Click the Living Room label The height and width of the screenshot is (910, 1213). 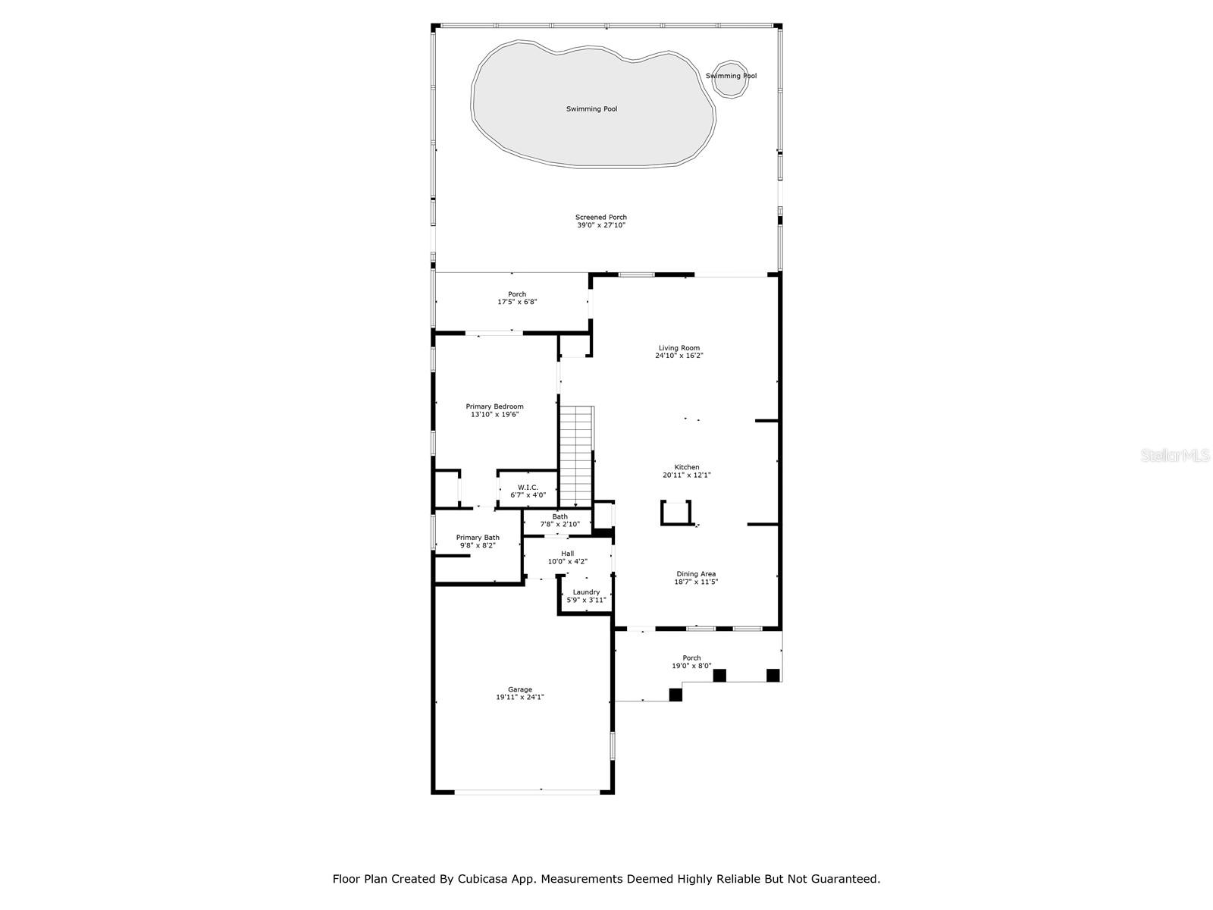click(x=679, y=348)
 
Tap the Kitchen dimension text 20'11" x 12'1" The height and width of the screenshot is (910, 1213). click(x=687, y=475)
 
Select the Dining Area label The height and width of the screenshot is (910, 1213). click(x=696, y=574)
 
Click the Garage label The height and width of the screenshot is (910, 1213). click(x=520, y=689)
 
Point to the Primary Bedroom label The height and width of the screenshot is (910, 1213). click(x=494, y=406)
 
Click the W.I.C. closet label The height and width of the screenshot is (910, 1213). click(x=528, y=487)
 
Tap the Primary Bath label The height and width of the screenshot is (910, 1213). click(x=478, y=537)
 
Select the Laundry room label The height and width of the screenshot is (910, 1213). click(x=586, y=592)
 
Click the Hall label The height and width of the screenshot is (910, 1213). click(x=567, y=554)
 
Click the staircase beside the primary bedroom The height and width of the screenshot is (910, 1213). click(x=576, y=455)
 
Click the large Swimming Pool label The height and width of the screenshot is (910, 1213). click(x=591, y=109)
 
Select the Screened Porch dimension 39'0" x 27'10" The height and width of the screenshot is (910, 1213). click(x=600, y=225)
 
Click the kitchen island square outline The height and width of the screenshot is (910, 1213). click(x=676, y=513)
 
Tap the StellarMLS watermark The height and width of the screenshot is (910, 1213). click(x=1175, y=455)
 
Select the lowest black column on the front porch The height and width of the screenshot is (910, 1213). click(x=675, y=694)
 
